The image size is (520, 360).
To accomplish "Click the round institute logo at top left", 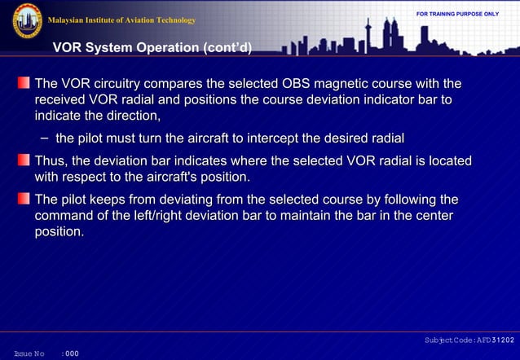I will (26, 21).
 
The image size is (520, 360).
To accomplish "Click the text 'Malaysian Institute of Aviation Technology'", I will (122, 20).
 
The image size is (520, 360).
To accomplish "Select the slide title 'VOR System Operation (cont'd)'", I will (152, 49).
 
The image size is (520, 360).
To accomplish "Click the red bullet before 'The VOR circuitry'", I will (24, 84).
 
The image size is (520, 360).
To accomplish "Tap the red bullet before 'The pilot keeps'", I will (24, 200).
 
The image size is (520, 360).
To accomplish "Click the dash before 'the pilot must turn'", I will (43, 138).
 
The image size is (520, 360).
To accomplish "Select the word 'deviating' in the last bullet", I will (194, 200).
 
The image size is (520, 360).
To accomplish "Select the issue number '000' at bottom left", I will (72, 353).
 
